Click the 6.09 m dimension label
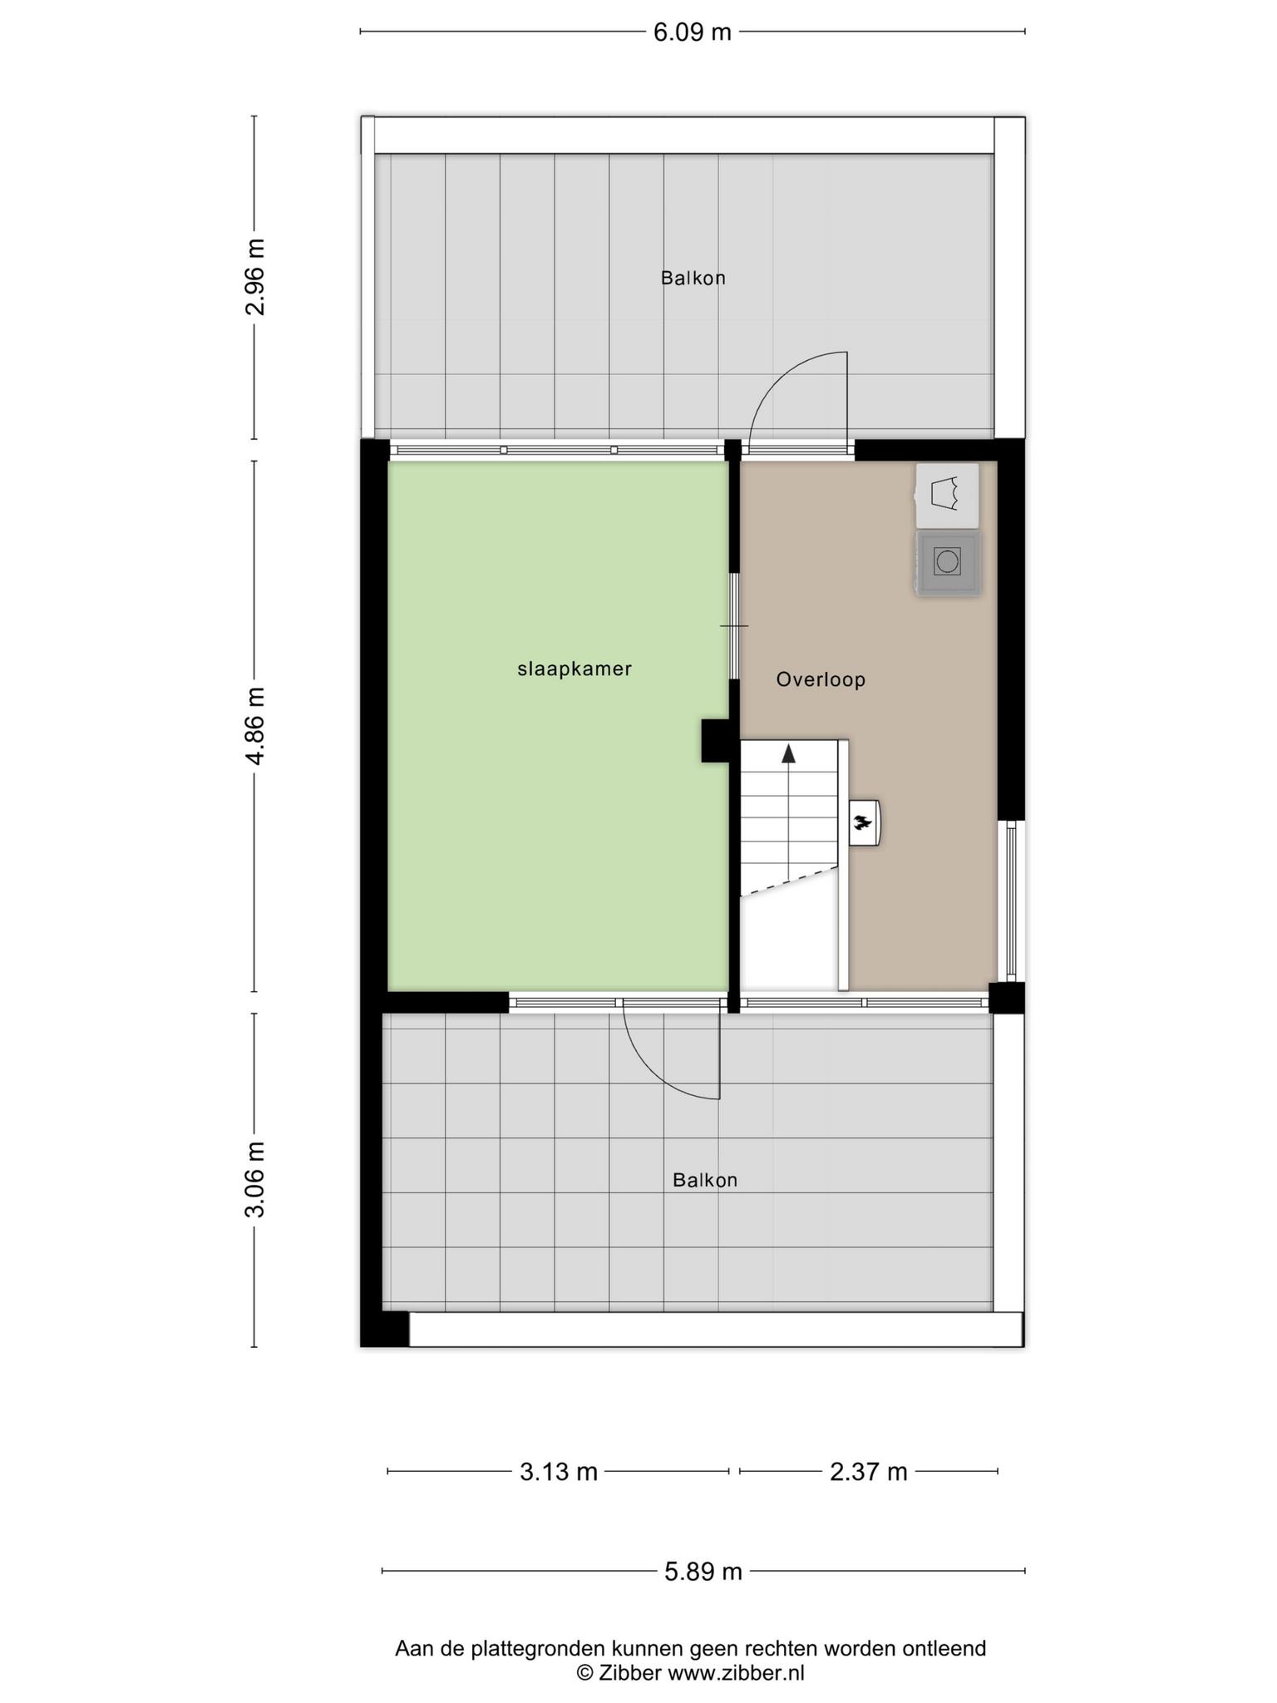click(692, 32)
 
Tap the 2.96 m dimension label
click(255, 277)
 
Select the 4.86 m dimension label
click(255, 726)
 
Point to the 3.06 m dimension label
click(255, 1179)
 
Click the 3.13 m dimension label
click(559, 1472)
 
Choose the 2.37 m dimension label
click(869, 1472)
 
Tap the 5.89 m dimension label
click(703, 1572)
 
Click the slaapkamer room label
click(574, 669)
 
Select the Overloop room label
click(821, 680)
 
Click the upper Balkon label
click(693, 279)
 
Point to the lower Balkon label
click(705, 1180)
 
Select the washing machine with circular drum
click(948, 563)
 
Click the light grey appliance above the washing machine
click(948, 496)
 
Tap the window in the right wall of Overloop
click(1011, 901)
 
